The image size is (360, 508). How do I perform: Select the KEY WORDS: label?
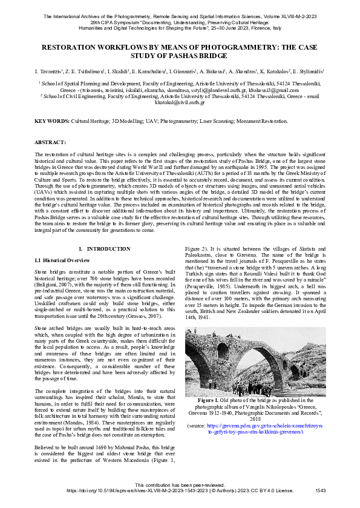[50, 122]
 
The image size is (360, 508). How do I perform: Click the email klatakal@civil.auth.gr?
[180, 102]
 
